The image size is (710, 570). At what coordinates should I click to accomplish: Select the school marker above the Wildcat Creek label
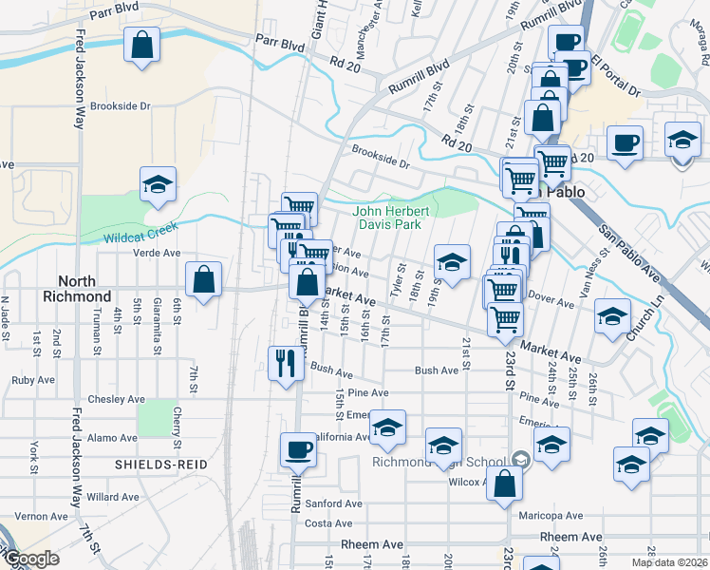(158, 184)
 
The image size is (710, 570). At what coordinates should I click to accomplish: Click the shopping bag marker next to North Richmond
(203, 279)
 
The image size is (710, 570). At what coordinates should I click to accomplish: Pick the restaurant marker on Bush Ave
(285, 362)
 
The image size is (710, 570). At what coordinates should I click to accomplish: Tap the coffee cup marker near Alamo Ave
(298, 449)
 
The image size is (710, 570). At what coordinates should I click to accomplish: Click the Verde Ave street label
(157, 254)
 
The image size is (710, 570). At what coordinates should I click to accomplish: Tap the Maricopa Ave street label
(551, 516)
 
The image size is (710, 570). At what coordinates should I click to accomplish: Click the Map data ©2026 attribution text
(668, 562)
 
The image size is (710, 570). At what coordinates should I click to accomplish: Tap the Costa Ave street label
(329, 523)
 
